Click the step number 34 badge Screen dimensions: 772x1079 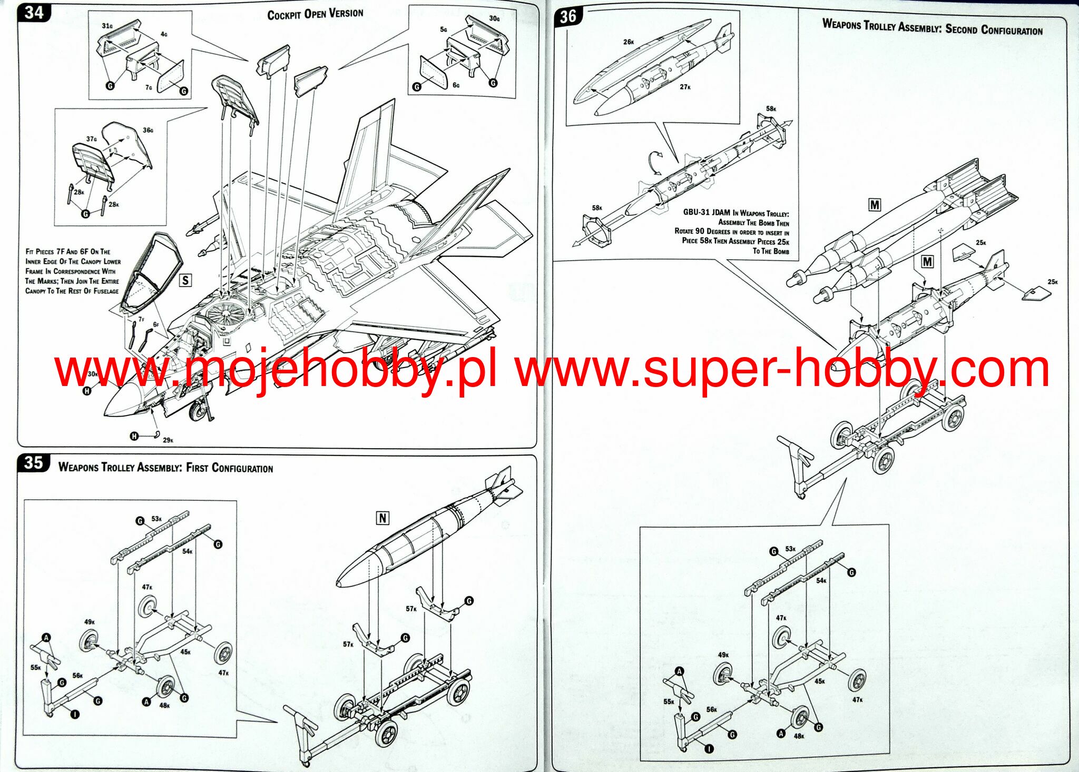tap(34, 12)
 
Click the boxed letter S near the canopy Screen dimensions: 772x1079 tap(185, 280)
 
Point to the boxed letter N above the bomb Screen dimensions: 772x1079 tap(382, 518)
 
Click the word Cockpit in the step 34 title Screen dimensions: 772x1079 tap(284, 15)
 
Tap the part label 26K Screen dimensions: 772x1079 tap(629, 42)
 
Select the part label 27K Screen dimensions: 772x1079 tap(685, 87)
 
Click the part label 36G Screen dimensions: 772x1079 tap(148, 130)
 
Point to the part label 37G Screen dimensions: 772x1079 tap(92, 139)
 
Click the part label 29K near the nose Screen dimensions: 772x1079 tap(168, 440)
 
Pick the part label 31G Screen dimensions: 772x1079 tap(107, 26)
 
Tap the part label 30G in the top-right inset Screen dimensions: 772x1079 tap(494, 18)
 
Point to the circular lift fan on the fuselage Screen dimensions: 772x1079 tap(225, 314)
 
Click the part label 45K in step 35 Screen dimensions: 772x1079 tap(185, 652)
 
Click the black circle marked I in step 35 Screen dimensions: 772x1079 tap(75, 715)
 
